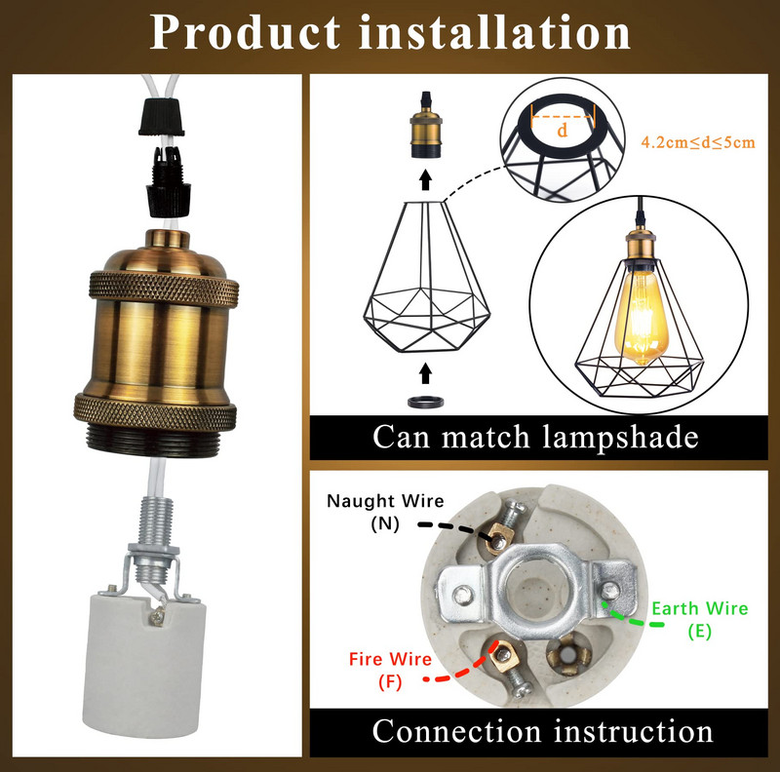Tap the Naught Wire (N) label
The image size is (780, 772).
(385, 511)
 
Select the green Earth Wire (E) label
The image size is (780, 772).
(699, 619)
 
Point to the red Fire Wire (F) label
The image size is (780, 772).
(390, 670)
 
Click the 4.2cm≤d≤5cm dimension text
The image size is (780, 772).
(697, 143)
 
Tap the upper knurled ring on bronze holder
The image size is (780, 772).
(157, 288)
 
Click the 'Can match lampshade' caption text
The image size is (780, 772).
(535, 437)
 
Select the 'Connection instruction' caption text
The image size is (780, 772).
(543, 730)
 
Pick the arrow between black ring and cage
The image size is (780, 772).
(424, 372)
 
